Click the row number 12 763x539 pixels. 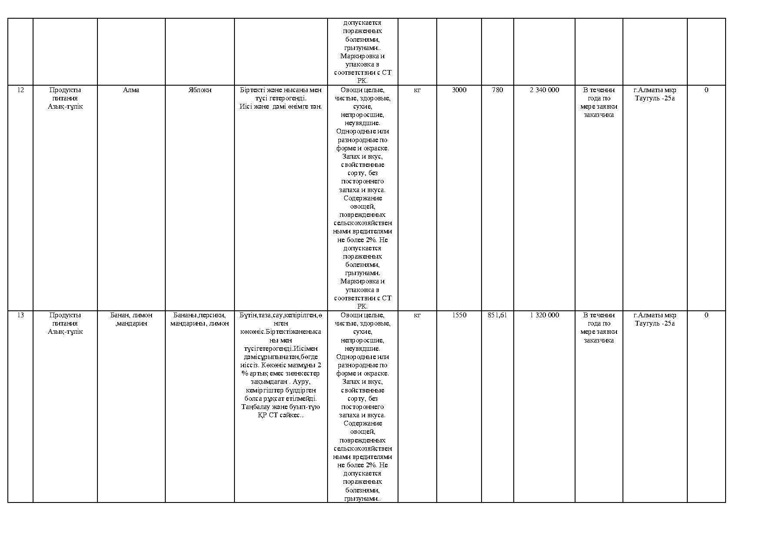coord(20,90)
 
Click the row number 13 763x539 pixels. coord(20,315)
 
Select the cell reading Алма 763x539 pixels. coord(131,90)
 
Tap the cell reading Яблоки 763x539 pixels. coord(200,90)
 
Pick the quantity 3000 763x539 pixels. coord(459,90)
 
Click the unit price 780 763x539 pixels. coord(497,90)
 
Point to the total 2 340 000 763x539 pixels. coord(544,90)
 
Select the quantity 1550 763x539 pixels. coord(459,315)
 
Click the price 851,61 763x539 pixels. coord(497,315)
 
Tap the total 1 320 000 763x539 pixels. coord(544,315)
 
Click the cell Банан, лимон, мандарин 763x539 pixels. coord(131,319)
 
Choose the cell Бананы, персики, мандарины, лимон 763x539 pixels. coord(200,319)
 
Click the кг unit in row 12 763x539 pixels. coord(417,90)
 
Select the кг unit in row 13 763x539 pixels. coord(417,315)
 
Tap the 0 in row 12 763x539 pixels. coord(706,90)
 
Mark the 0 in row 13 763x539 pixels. coord(706,315)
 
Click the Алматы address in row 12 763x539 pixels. coord(655,94)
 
